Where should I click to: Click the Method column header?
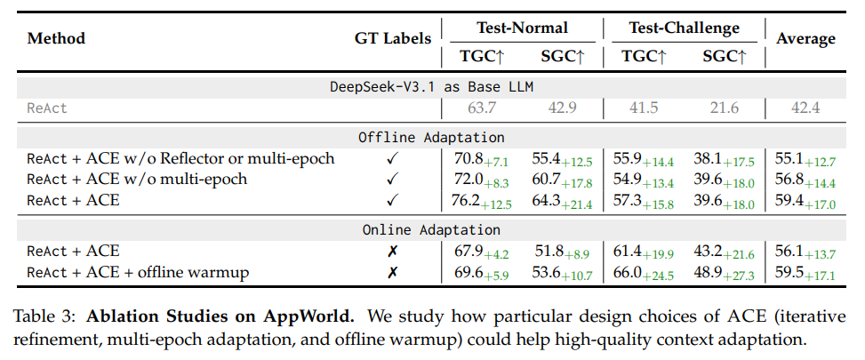[x=56, y=38]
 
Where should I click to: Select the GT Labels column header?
[x=392, y=38]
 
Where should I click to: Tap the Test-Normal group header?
[x=522, y=28]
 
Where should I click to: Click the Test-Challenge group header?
[x=684, y=28]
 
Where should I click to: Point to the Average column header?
[x=805, y=38]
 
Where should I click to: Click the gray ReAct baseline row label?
[x=46, y=108]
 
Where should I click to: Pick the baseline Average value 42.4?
[x=805, y=108]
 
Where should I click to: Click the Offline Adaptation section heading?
[x=431, y=137]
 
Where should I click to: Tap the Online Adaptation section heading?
[x=431, y=229]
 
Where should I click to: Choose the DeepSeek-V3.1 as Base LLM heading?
[x=431, y=86]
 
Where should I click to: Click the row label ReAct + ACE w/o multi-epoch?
[x=137, y=180]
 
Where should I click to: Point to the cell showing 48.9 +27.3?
[x=723, y=272]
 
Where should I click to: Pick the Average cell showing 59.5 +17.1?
[x=805, y=272]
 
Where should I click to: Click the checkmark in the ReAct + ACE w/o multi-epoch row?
[x=392, y=180]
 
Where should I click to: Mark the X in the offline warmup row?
[x=392, y=272]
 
